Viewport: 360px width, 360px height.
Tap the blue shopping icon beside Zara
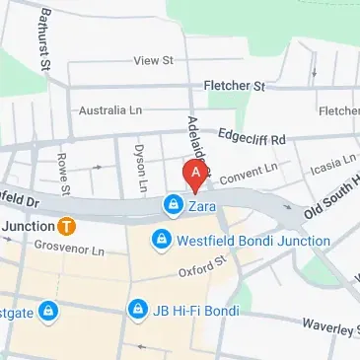(x=173, y=205)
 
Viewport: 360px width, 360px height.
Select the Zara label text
(x=200, y=205)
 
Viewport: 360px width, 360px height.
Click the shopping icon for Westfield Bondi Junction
(x=161, y=240)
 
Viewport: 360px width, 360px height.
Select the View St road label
(x=153, y=60)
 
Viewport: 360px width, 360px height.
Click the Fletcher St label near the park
(x=234, y=87)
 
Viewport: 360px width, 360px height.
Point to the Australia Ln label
(x=106, y=109)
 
